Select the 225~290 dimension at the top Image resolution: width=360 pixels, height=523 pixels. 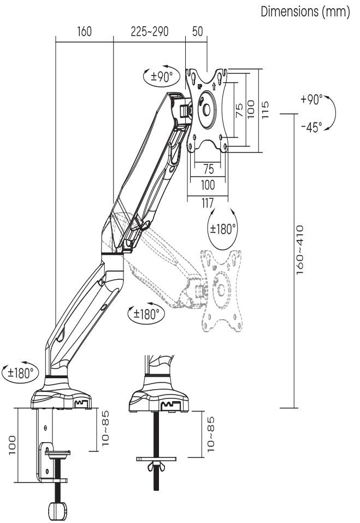tap(149, 32)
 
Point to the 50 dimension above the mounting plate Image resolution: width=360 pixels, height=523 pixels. tap(197, 32)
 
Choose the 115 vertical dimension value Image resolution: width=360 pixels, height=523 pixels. tap(266, 107)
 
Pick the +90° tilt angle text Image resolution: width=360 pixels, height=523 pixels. tap(311, 100)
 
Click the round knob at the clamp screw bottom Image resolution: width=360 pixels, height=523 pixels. tap(56, 510)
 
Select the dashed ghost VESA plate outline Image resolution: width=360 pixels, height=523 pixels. tap(221, 290)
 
